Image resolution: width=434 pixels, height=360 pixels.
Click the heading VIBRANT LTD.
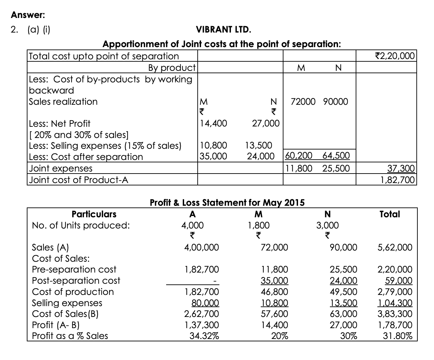224,30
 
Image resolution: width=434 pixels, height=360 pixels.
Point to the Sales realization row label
63,102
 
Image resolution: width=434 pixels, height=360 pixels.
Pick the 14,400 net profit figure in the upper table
213,123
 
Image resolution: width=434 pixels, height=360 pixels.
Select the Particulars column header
94,214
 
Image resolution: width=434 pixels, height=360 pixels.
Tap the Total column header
390,214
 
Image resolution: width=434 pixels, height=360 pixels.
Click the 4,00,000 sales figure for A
201,247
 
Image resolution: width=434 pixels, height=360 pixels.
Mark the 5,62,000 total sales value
395,247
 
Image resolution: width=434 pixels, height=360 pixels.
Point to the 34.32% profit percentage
204,336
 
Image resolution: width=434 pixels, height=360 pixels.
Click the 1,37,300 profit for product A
202,325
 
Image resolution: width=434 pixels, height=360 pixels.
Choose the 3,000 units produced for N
328,225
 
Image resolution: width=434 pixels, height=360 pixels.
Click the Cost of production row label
73,292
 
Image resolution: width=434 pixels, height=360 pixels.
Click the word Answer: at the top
28,15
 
